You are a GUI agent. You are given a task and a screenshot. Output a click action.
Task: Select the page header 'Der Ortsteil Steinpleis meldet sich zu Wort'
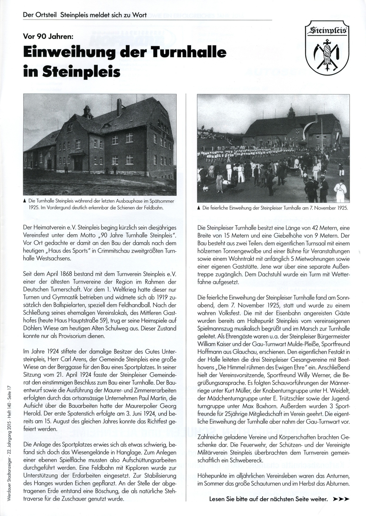[x=85, y=15]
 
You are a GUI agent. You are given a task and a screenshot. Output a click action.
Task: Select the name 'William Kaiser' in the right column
[x=211, y=344]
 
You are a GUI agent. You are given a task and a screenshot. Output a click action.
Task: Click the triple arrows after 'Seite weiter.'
[x=341, y=499]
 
